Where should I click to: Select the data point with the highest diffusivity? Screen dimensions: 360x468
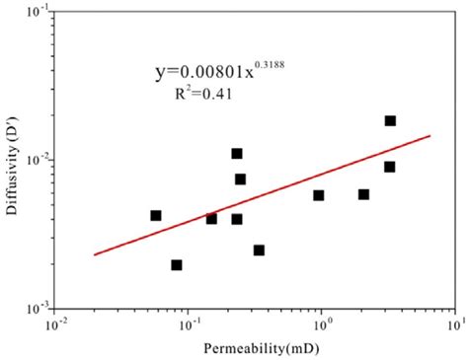pyautogui.click(x=390, y=120)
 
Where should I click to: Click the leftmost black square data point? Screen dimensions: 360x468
pyautogui.click(x=155, y=215)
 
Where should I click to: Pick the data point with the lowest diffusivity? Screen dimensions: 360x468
pyautogui.click(x=176, y=264)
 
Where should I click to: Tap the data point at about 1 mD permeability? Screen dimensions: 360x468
pyautogui.click(x=318, y=195)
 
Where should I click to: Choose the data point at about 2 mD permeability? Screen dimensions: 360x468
pyautogui.click(x=363, y=194)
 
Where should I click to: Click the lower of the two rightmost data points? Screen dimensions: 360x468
pyautogui.click(x=390, y=167)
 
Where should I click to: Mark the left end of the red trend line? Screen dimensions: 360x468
pyautogui.click(x=95, y=254)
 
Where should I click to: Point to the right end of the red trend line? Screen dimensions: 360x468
pyautogui.click(x=430, y=136)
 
